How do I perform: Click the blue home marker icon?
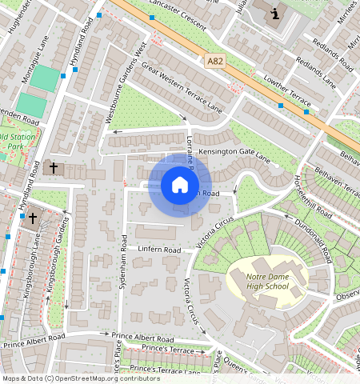tap(180, 186)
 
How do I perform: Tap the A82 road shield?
tap(214, 61)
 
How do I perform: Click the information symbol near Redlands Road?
tap(275, 14)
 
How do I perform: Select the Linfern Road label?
tap(161, 250)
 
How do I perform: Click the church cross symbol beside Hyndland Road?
tap(54, 168)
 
